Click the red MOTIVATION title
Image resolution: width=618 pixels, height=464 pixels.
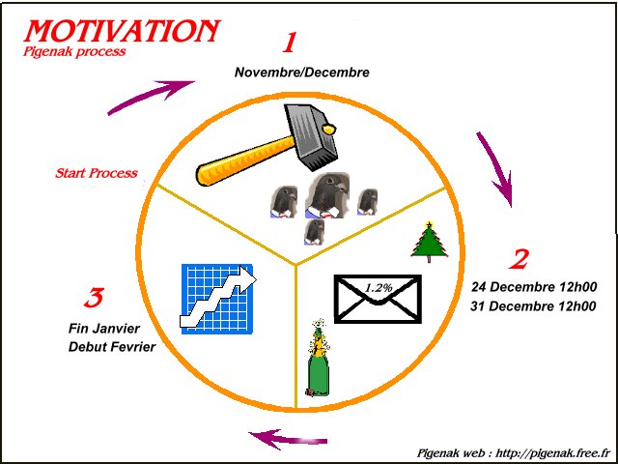(122, 31)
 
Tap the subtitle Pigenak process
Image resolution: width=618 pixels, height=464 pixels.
(74, 51)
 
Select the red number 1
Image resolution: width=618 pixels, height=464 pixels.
(290, 43)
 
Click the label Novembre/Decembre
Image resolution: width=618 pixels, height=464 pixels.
(302, 72)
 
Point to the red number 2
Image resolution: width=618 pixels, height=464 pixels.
(519, 260)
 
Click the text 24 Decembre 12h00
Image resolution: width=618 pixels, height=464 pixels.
(534, 287)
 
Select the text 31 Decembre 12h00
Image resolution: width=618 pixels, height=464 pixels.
(533, 305)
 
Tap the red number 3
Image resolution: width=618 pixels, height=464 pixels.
(94, 298)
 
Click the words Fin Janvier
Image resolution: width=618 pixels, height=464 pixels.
(104, 329)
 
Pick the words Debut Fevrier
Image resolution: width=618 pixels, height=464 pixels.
(112, 347)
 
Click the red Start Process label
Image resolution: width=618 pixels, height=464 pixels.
(97, 173)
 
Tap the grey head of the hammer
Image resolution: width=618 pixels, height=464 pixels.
(312, 135)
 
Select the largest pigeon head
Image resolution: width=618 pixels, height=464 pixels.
(327, 195)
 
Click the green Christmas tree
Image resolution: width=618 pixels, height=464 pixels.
(429, 242)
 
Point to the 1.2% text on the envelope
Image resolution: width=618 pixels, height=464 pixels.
(379, 288)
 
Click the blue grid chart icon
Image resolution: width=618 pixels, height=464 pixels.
(217, 299)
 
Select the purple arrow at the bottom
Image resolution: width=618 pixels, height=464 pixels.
(288, 438)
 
